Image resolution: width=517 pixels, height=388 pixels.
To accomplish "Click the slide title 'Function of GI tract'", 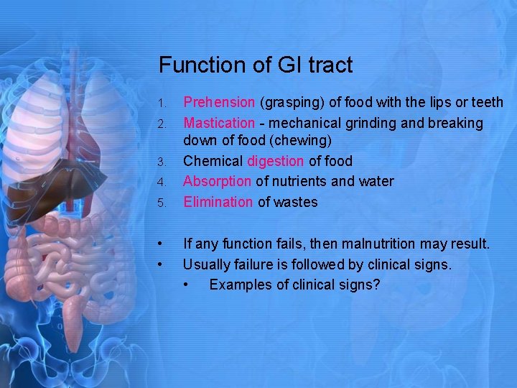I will point(256,65).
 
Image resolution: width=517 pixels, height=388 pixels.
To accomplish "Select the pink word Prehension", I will point(219,103).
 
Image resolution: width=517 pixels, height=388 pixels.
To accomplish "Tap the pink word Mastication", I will point(219,124).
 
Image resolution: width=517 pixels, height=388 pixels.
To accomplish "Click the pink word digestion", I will point(275,162).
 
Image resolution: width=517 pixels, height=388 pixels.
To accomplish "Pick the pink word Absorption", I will point(217,182).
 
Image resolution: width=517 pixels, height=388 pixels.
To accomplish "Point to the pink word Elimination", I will point(218,202).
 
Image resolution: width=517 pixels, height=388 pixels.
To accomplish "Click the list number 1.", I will point(163,104).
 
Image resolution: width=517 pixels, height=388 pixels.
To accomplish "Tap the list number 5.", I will point(163,203).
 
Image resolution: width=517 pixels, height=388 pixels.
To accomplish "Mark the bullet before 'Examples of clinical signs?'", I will point(187,285).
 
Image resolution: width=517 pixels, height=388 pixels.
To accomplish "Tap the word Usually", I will point(207,265).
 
